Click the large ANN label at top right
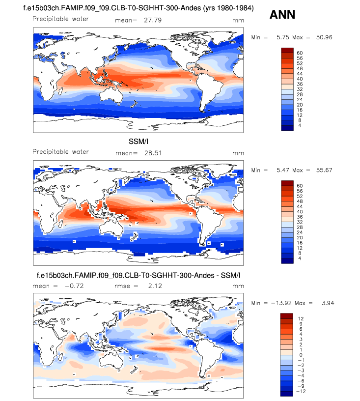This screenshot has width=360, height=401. [282, 15]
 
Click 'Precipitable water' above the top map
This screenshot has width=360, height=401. [60, 19]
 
